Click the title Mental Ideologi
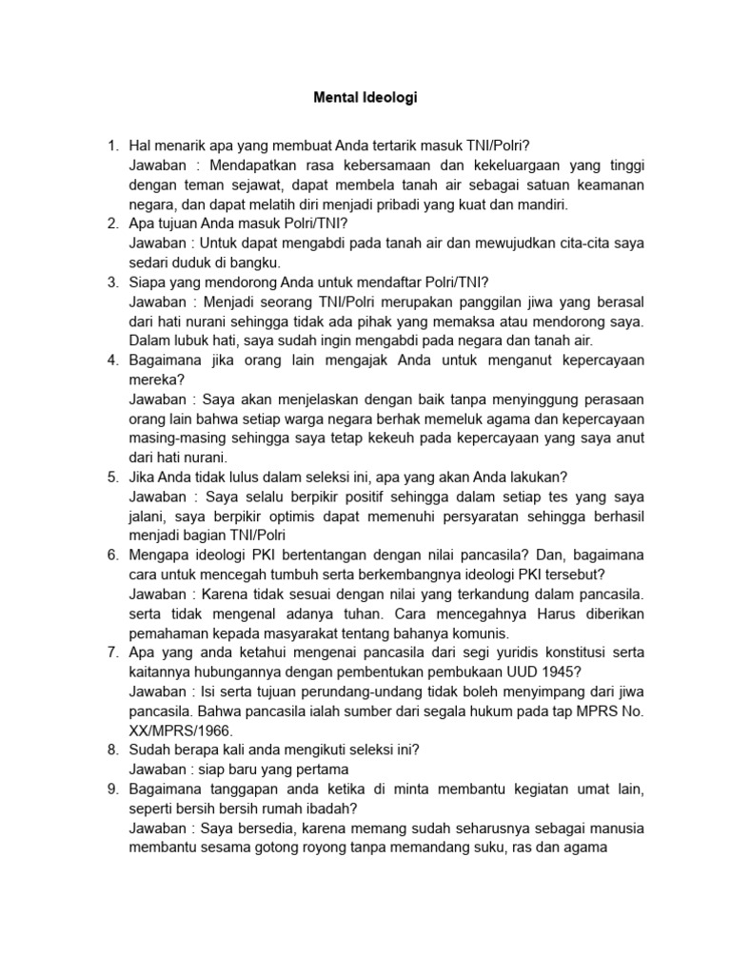coord(365,97)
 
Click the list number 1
coord(111,146)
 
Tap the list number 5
coord(111,477)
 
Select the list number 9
coord(111,789)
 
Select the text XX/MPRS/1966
coord(172,730)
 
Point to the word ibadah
coord(331,808)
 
